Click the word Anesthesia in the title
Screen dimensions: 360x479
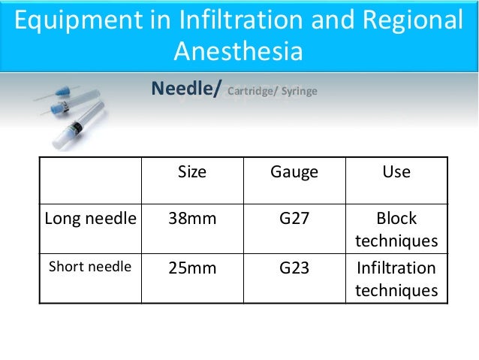click(x=239, y=53)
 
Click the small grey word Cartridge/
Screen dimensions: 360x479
click(x=252, y=92)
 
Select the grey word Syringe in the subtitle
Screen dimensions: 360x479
click(x=300, y=92)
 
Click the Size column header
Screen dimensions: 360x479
click(x=191, y=172)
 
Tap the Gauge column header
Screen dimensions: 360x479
click(x=294, y=172)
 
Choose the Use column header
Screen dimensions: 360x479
click(x=396, y=172)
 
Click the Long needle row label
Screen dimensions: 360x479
click(x=91, y=219)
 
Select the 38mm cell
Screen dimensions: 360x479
click(x=191, y=219)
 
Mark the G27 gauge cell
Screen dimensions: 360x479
click(x=294, y=219)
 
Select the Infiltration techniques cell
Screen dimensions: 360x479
click(x=396, y=279)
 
